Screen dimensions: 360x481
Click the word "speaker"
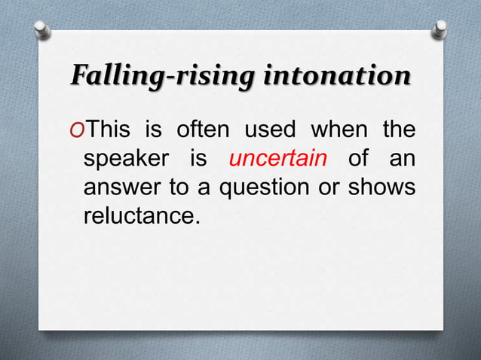tap(124, 160)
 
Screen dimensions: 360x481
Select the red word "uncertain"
tap(277, 160)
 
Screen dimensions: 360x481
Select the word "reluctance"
tap(141, 217)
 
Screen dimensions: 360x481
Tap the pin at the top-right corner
tap(440, 29)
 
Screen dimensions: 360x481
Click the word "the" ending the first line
tap(398, 130)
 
